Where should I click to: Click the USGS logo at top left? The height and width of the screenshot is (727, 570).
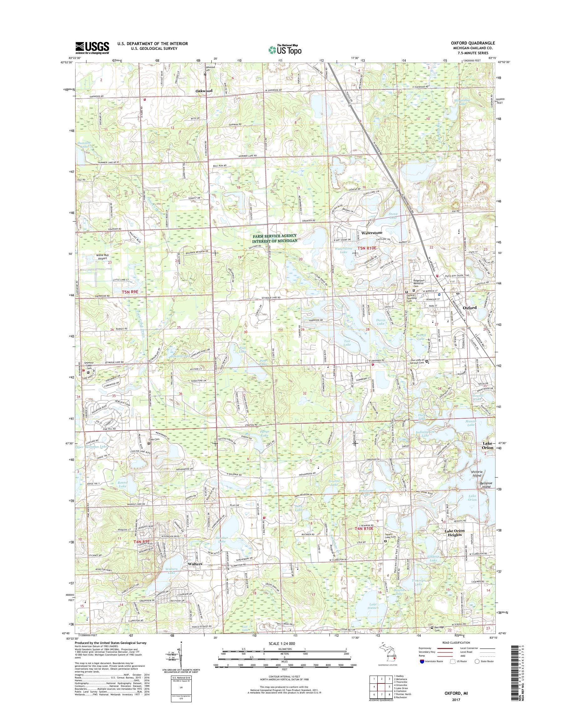92,48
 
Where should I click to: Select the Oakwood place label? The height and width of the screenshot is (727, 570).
204,91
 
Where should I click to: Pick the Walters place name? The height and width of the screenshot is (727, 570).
195,564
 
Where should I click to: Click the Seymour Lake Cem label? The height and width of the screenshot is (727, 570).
88,366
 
